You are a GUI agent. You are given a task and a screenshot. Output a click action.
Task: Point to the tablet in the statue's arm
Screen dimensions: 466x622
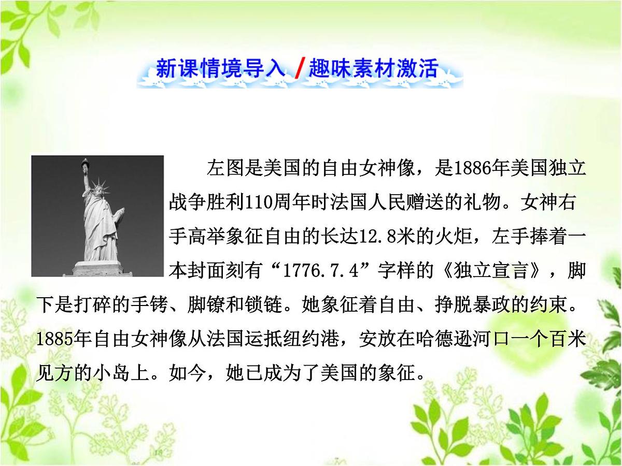(119, 213)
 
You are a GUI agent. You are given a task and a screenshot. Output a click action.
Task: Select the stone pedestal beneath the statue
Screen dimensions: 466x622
(98, 268)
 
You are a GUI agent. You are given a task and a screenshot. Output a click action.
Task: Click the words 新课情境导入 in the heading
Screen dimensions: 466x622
(220, 69)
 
